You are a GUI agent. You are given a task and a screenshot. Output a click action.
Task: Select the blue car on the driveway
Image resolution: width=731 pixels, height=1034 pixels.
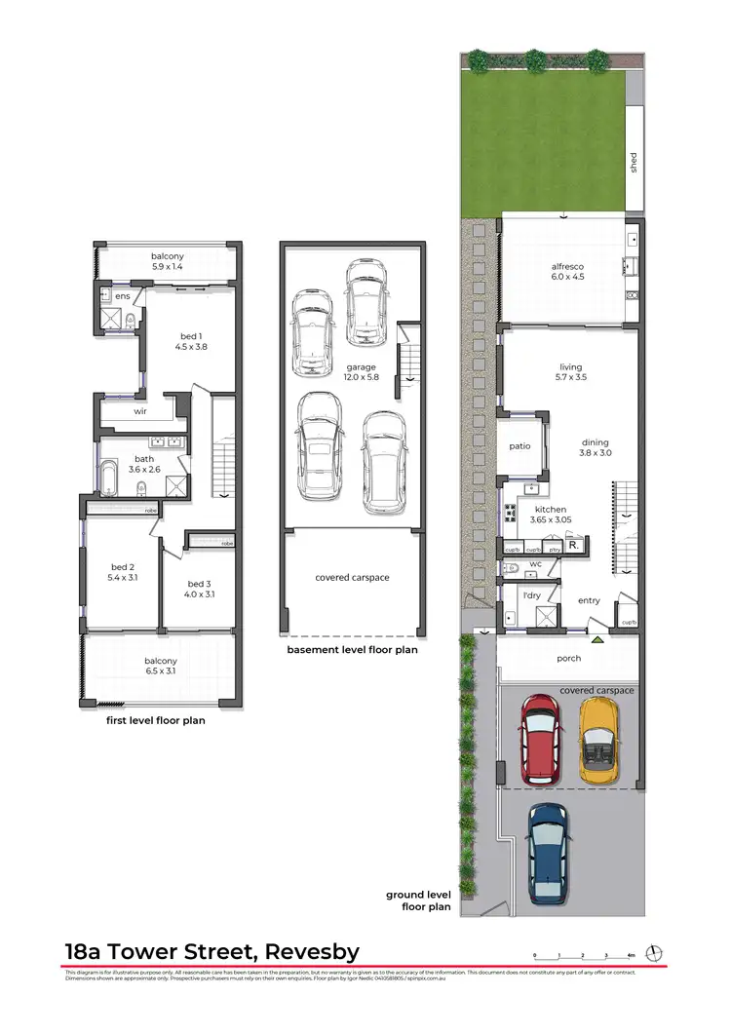coord(549,851)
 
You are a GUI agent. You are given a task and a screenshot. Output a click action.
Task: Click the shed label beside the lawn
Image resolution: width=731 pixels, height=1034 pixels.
coord(633,161)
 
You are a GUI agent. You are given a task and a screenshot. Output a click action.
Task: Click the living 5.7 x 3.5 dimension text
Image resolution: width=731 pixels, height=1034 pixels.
coord(569,374)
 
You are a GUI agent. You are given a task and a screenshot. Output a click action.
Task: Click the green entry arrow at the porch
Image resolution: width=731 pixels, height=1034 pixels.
coord(597,639)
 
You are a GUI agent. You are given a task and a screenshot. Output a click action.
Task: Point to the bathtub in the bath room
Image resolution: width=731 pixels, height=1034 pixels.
coord(110,479)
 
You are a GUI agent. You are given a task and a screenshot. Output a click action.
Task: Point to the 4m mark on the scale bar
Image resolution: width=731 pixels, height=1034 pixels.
coord(632,956)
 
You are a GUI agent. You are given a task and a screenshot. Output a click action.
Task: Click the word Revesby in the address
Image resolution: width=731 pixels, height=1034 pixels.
coord(304,951)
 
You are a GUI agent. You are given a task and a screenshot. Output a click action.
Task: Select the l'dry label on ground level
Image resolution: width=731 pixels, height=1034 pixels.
coord(530,594)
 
